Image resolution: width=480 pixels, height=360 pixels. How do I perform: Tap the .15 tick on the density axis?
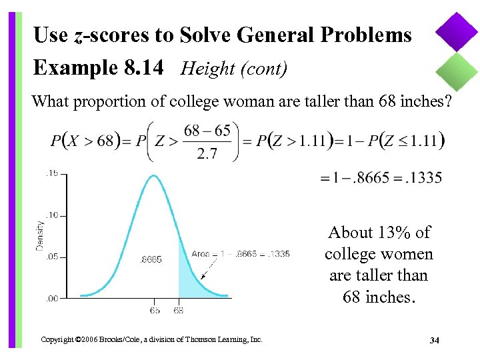[51, 173]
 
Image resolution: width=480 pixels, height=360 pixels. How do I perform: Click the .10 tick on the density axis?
[51, 215]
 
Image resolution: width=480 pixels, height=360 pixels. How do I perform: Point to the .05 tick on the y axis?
[51, 257]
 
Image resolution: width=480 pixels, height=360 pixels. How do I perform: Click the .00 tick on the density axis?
[51, 298]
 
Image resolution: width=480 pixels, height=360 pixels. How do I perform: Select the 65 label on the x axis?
[154, 310]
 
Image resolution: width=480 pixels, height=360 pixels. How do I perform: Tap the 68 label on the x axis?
[179, 310]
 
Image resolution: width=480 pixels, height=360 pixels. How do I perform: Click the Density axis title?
[40, 236]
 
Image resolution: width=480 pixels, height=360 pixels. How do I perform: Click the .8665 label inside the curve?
[152, 259]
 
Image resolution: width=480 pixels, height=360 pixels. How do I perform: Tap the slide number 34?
[435, 341]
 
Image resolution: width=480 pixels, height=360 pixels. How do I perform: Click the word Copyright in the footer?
[57, 340]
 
